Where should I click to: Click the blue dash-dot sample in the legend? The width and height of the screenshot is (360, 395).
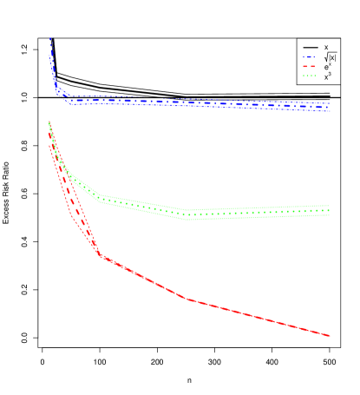pos(309,57)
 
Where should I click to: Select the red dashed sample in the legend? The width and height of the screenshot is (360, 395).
pos(309,67)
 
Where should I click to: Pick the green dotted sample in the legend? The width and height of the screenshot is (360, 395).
pos(309,76)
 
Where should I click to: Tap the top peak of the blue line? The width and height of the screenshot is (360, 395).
pos(50,37)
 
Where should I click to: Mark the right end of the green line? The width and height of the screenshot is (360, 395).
pos(330,210)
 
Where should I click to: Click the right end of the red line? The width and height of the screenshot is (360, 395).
pos(330,335)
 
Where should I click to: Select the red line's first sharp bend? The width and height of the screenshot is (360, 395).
pos(100,255)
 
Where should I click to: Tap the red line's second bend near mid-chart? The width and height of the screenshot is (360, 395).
pos(187,300)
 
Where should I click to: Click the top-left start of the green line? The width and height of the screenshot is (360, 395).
pos(49,122)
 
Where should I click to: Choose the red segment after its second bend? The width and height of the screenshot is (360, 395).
pos(260,318)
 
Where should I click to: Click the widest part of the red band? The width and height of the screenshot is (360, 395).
pos(73,204)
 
